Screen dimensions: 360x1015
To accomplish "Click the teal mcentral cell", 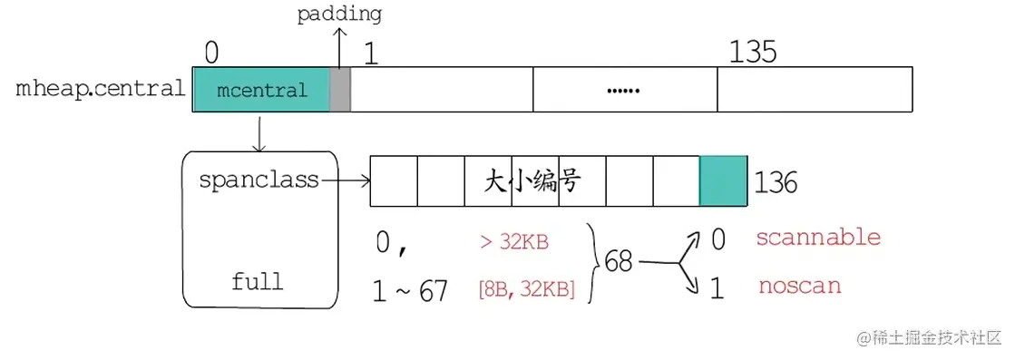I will tap(262, 90).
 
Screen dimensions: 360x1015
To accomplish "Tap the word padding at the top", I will tap(339, 15).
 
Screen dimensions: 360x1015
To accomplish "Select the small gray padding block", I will tap(340, 90).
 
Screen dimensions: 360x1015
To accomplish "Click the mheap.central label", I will tap(101, 90).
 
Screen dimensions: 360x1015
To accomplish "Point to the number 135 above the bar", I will tap(753, 53).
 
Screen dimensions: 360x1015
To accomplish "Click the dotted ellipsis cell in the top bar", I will tap(624, 90).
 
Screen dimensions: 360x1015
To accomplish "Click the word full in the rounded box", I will tap(257, 280).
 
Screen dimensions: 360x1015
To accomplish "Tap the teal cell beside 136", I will tap(723, 180).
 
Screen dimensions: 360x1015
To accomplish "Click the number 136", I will tap(776, 183).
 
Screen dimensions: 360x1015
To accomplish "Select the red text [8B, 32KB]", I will tap(525, 290).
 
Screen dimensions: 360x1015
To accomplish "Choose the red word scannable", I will tap(818, 238).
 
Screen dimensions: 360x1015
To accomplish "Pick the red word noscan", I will tap(800, 287).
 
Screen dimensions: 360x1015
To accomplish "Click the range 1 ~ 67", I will tap(410, 291).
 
